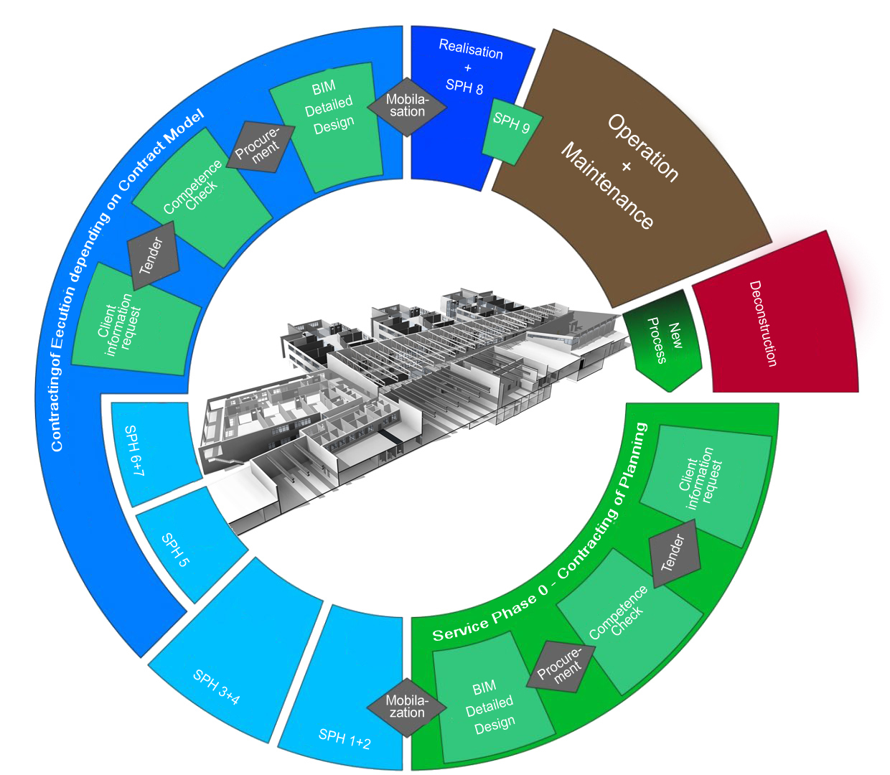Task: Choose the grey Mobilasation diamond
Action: pos(407,106)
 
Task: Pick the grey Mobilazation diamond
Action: pos(407,707)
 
